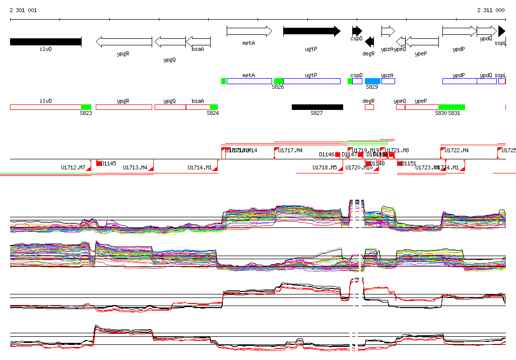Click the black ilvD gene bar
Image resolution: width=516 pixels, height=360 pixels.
(45, 42)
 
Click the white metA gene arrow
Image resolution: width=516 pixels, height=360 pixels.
(249, 32)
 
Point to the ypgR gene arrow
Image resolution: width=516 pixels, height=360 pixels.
(123, 42)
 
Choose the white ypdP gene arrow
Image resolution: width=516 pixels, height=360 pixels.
(459, 32)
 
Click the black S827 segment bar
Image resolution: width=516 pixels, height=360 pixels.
(317, 107)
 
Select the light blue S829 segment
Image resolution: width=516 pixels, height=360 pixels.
(372, 81)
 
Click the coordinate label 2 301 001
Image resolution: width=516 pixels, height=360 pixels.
(23, 10)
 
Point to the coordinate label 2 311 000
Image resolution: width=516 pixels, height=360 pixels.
(491, 10)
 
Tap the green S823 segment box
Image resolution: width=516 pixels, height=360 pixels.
(86, 107)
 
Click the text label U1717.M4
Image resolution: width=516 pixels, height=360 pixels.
(291, 150)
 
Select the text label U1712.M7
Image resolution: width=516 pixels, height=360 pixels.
(73, 167)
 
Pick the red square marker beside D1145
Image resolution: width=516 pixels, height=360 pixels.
(99, 163)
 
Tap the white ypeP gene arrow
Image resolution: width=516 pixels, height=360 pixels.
(422, 42)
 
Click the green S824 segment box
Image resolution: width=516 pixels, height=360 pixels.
(214, 107)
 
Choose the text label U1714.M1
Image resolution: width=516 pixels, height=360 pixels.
(200, 167)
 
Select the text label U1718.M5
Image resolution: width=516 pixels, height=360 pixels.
(325, 167)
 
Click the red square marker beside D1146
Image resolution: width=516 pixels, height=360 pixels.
(338, 154)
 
